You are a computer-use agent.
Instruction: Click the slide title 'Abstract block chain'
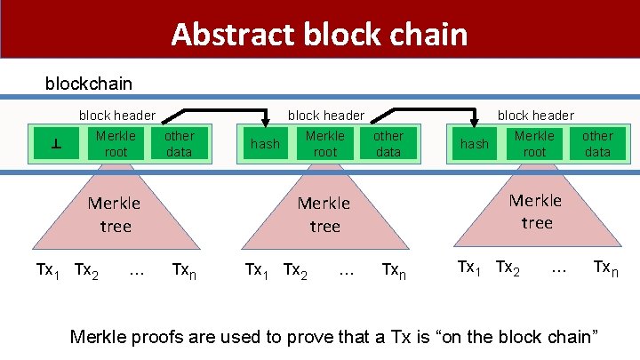point(319,34)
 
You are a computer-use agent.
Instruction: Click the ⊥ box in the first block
point(55,144)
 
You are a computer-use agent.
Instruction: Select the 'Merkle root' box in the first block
point(116,144)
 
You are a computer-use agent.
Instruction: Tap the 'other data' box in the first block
point(179,144)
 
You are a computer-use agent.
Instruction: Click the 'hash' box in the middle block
point(265,144)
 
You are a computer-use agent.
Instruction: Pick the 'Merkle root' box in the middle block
point(325,144)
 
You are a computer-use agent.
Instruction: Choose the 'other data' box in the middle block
point(388,144)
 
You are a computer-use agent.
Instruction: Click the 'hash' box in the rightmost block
point(474,144)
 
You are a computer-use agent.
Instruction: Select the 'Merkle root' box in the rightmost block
point(534,144)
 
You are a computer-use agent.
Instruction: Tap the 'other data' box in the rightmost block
point(597,144)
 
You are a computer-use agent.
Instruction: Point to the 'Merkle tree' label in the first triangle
point(115,214)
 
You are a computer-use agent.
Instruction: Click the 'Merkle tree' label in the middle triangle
point(324,214)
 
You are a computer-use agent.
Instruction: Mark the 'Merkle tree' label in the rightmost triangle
point(536,212)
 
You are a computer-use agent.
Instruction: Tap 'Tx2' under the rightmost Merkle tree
point(508,267)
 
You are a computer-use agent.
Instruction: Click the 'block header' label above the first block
point(117,115)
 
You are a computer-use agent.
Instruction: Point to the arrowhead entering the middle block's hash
point(265,124)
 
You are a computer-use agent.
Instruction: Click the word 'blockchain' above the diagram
point(89,84)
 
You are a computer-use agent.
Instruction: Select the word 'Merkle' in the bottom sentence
point(99,337)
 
